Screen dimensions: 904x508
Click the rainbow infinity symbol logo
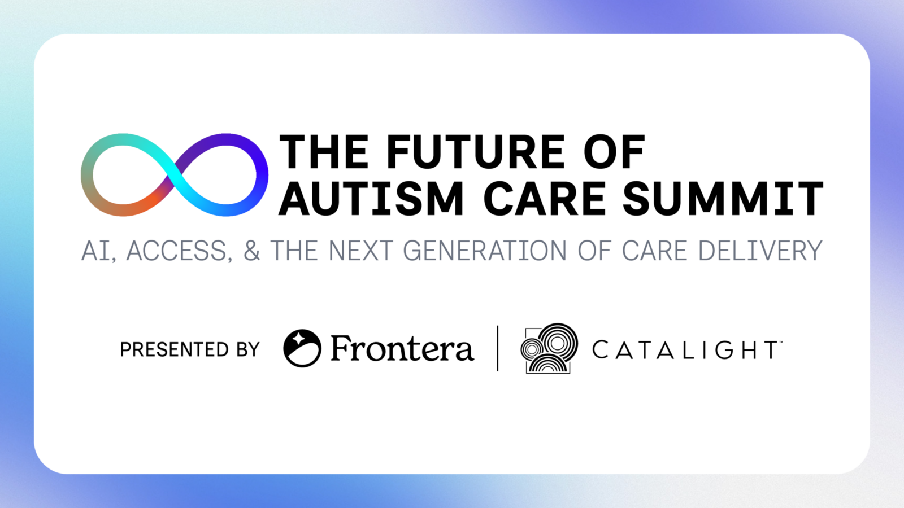click(x=175, y=174)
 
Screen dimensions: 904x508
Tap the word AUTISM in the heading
click(x=371, y=198)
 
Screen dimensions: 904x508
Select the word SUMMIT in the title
click(x=723, y=198)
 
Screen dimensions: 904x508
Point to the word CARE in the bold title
click(x=544, y=198)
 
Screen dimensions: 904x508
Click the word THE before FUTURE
click(x=324, y=152)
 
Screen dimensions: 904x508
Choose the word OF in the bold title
click(x=614, y=152)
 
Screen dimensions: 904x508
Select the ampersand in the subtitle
click(x=252, y=251)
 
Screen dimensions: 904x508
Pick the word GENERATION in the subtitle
click(x=485, y=251)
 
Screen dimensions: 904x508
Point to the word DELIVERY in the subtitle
click(x=760, y=251)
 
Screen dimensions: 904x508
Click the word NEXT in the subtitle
click(x=361, y=251)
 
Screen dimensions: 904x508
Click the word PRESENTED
click(x=175, y=349)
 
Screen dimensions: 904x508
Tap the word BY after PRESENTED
click(x=248, y=349)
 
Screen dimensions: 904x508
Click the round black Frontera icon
click(x=302, y=348)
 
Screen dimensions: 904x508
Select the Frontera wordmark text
click(x=402, y=348)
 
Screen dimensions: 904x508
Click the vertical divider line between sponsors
click(x=498, y=348)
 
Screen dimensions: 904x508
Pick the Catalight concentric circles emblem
click(x=549, y=348)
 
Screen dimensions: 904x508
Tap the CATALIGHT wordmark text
click(x=687, y=349)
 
